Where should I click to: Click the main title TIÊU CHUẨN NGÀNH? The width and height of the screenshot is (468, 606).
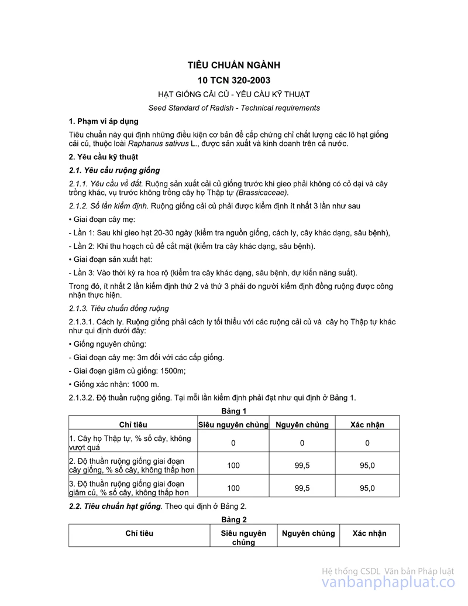coord(234,65)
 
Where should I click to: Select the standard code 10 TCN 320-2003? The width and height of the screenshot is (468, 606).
coord(234,80)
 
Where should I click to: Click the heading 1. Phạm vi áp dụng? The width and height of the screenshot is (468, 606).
coord(104,121)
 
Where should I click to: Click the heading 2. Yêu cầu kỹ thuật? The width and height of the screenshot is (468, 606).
coord(104,157)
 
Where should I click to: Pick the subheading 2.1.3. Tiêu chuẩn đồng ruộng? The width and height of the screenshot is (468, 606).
coord(119,308)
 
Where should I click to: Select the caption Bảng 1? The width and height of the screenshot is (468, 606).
coord(234,411)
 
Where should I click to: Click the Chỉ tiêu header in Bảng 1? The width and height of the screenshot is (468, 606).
coord(133,424)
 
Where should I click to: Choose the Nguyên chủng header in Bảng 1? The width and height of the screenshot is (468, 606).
coord(302,424)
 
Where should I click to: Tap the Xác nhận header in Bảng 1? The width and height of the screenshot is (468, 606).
coord(367,424)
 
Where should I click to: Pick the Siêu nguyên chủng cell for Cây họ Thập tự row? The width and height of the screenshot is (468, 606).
coord(233,443)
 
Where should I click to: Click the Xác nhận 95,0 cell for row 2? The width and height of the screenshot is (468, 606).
coord(367,465)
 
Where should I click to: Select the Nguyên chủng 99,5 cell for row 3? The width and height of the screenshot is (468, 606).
coord(302,488)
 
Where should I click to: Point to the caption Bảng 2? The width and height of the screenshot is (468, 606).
coord(234,519)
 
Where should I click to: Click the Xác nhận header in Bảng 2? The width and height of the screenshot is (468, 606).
coord(370,533)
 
